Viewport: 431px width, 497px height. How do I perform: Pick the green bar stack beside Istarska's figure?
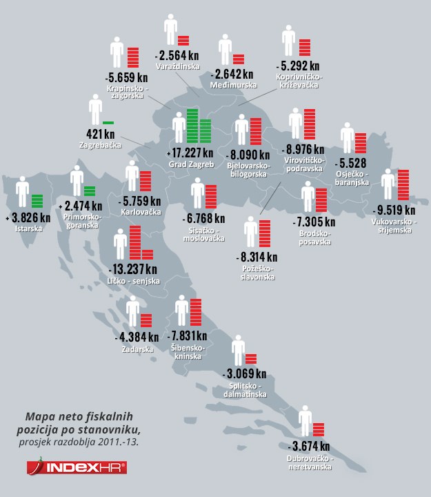coord(37,201)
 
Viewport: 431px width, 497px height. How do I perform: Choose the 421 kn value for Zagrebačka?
coord(100,133)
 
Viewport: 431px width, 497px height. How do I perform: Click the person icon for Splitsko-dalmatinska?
coord(239,351)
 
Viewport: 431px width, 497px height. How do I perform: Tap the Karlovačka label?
coord(140,212)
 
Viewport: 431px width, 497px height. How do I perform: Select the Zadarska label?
coord(137,350)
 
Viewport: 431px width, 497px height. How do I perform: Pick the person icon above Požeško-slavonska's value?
coord(250,233)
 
